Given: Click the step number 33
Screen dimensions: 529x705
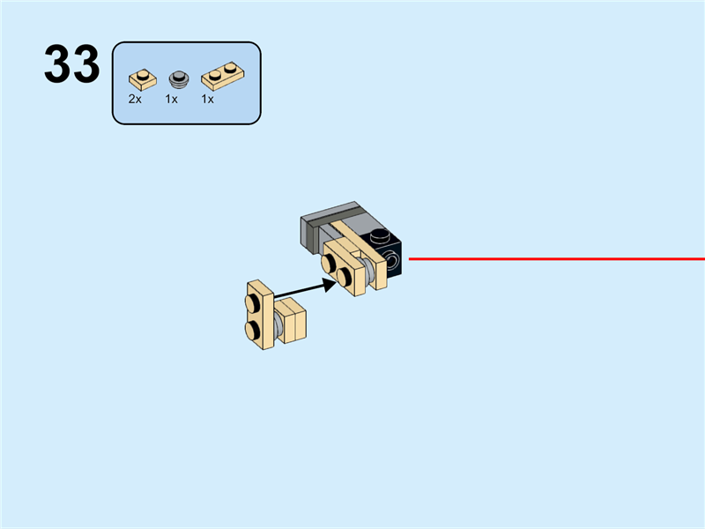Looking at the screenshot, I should (x=72, y=66).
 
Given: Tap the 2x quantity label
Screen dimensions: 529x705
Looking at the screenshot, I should (x=135, y=100).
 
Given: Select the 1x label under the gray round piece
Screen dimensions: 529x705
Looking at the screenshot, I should (x=172, y=100).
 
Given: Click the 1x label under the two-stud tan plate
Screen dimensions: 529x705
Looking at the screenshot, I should (x=208, y=100).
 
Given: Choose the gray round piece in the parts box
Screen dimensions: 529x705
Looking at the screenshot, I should (x=179, y=78).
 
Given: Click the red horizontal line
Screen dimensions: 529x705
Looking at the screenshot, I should (x=555, y=259).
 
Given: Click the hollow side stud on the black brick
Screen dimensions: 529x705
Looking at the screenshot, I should (x=390, y=261).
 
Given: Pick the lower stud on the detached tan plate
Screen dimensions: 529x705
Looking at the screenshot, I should (x=254, y=329).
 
